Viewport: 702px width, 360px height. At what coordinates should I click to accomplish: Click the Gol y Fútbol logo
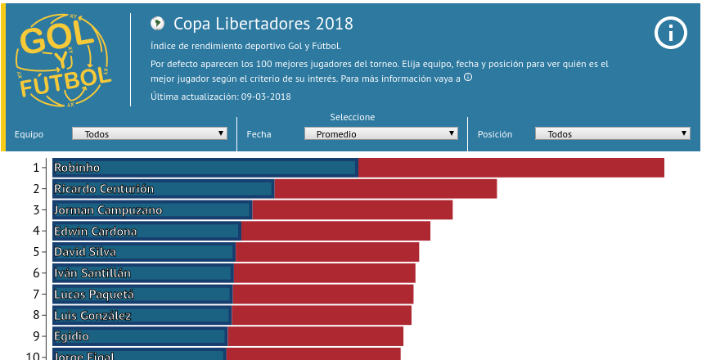[x=63, y=60]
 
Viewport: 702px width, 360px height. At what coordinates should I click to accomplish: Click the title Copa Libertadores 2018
[x=252, y=24]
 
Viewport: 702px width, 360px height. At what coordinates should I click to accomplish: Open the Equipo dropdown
[x=150, y=133]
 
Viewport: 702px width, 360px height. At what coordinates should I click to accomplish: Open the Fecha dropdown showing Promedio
[x=380, y=133]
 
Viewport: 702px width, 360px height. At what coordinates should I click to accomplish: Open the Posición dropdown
[x=612, y=133]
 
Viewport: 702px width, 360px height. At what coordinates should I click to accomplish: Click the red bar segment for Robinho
[x=511, y=168]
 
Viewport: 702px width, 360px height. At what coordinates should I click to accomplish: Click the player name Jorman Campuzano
[x=108, y=210]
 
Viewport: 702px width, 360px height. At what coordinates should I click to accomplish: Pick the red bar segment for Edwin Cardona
[x=335, y=232]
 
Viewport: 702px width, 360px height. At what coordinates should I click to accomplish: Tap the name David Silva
[x=85, y=252]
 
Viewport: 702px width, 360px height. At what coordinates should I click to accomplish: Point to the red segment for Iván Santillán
[x=325, y=273]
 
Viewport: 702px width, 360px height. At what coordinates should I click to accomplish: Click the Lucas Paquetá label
[x=94, y=294]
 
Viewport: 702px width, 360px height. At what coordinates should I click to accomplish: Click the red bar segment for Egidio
[x=315, y=336]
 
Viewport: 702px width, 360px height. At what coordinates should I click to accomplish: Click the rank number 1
[x=36, y=168]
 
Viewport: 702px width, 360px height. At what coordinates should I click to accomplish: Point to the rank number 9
[x=36, y=336]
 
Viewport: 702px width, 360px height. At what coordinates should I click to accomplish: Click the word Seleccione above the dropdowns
[x=353, y=117]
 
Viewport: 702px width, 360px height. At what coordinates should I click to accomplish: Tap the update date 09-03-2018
[x=266, y=97]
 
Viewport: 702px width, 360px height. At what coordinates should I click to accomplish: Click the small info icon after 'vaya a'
[x=468, y=78]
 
